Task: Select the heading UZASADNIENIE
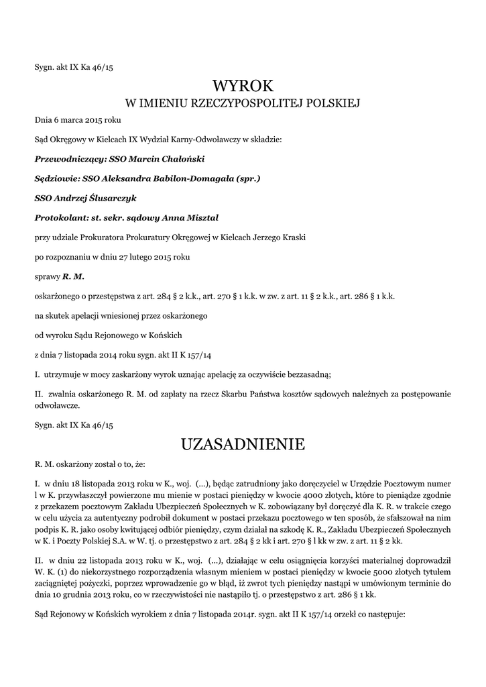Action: point(243,443)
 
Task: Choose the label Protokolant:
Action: point(60,217)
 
